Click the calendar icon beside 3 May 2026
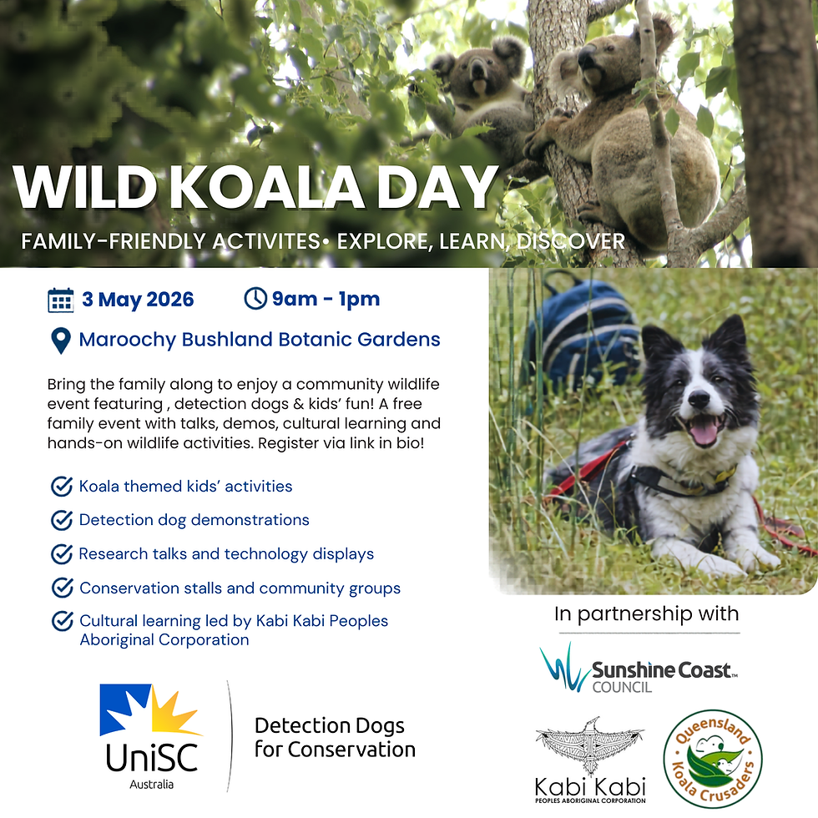[61, 300]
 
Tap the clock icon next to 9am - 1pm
[255, 299]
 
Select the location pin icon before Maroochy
[60, 341]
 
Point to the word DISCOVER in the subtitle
[571, 242]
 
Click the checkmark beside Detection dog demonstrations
[61, 520]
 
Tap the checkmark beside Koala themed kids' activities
[61, 486]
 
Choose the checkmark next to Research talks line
[61, 553]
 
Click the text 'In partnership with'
[646, 614]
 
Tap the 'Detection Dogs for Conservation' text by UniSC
[335, 737]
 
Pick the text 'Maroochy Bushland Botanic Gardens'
[260, 340]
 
